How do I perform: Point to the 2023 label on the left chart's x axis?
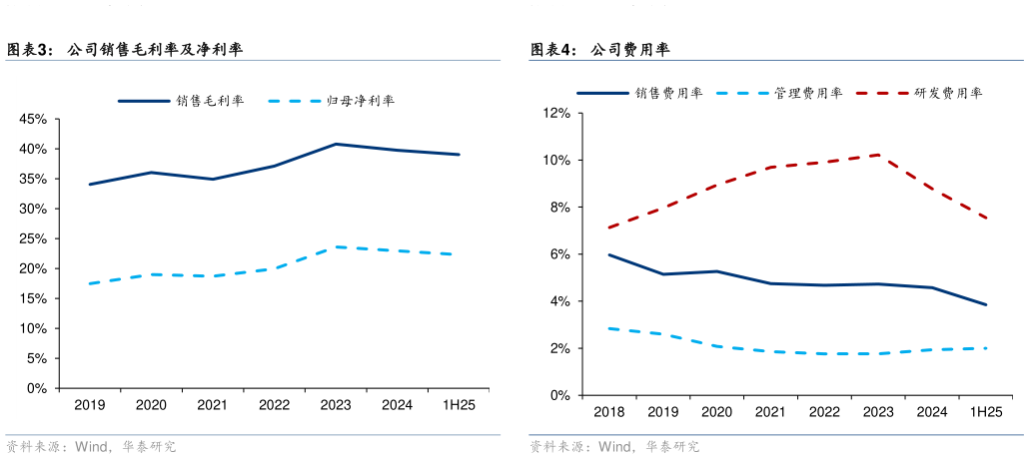336,405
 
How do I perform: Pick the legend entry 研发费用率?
948,93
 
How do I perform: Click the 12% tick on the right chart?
555,114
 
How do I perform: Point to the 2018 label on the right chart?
608,412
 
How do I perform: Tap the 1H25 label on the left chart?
459,405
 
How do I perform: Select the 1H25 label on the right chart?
986,412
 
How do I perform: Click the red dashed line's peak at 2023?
878,155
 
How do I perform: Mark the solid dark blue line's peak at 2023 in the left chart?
336,144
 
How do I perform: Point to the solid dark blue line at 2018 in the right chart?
608,254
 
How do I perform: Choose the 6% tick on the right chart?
558,254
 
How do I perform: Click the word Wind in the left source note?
91,447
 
